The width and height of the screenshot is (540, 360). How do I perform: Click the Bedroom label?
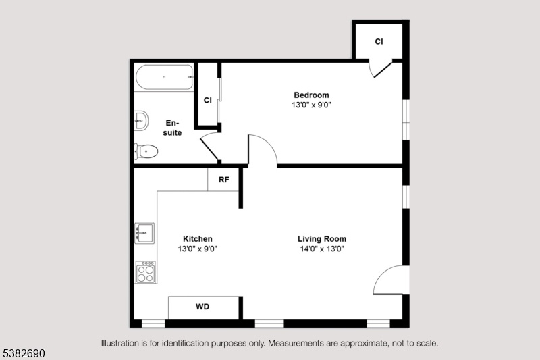coord(311,95)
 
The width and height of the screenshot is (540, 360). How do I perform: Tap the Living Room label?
coord(322,238)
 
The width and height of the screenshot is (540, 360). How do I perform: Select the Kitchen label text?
coord(198,238)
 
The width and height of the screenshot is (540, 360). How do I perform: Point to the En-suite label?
coord(172,128)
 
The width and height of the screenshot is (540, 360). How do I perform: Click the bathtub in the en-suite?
coord(164,77)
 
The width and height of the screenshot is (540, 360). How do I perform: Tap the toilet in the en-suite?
coord(146,151)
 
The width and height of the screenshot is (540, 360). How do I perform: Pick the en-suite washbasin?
coord(141,121)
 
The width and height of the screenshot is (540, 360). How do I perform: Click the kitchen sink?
coord(144,233)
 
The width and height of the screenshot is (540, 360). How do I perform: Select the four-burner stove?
coord(146,272)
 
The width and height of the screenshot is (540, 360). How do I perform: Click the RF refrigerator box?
coord(223,180)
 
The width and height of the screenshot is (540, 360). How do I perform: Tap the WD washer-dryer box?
coord(203,307)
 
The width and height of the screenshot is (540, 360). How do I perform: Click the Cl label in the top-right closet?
coord(379,41)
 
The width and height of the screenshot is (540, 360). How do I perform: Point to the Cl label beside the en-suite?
coord(207,100)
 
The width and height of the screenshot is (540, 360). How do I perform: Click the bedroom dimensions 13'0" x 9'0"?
coord(311,105)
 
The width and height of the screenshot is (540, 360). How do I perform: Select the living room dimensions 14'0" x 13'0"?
coord(322,249)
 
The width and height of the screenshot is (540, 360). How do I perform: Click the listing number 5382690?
coord(24,353)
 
